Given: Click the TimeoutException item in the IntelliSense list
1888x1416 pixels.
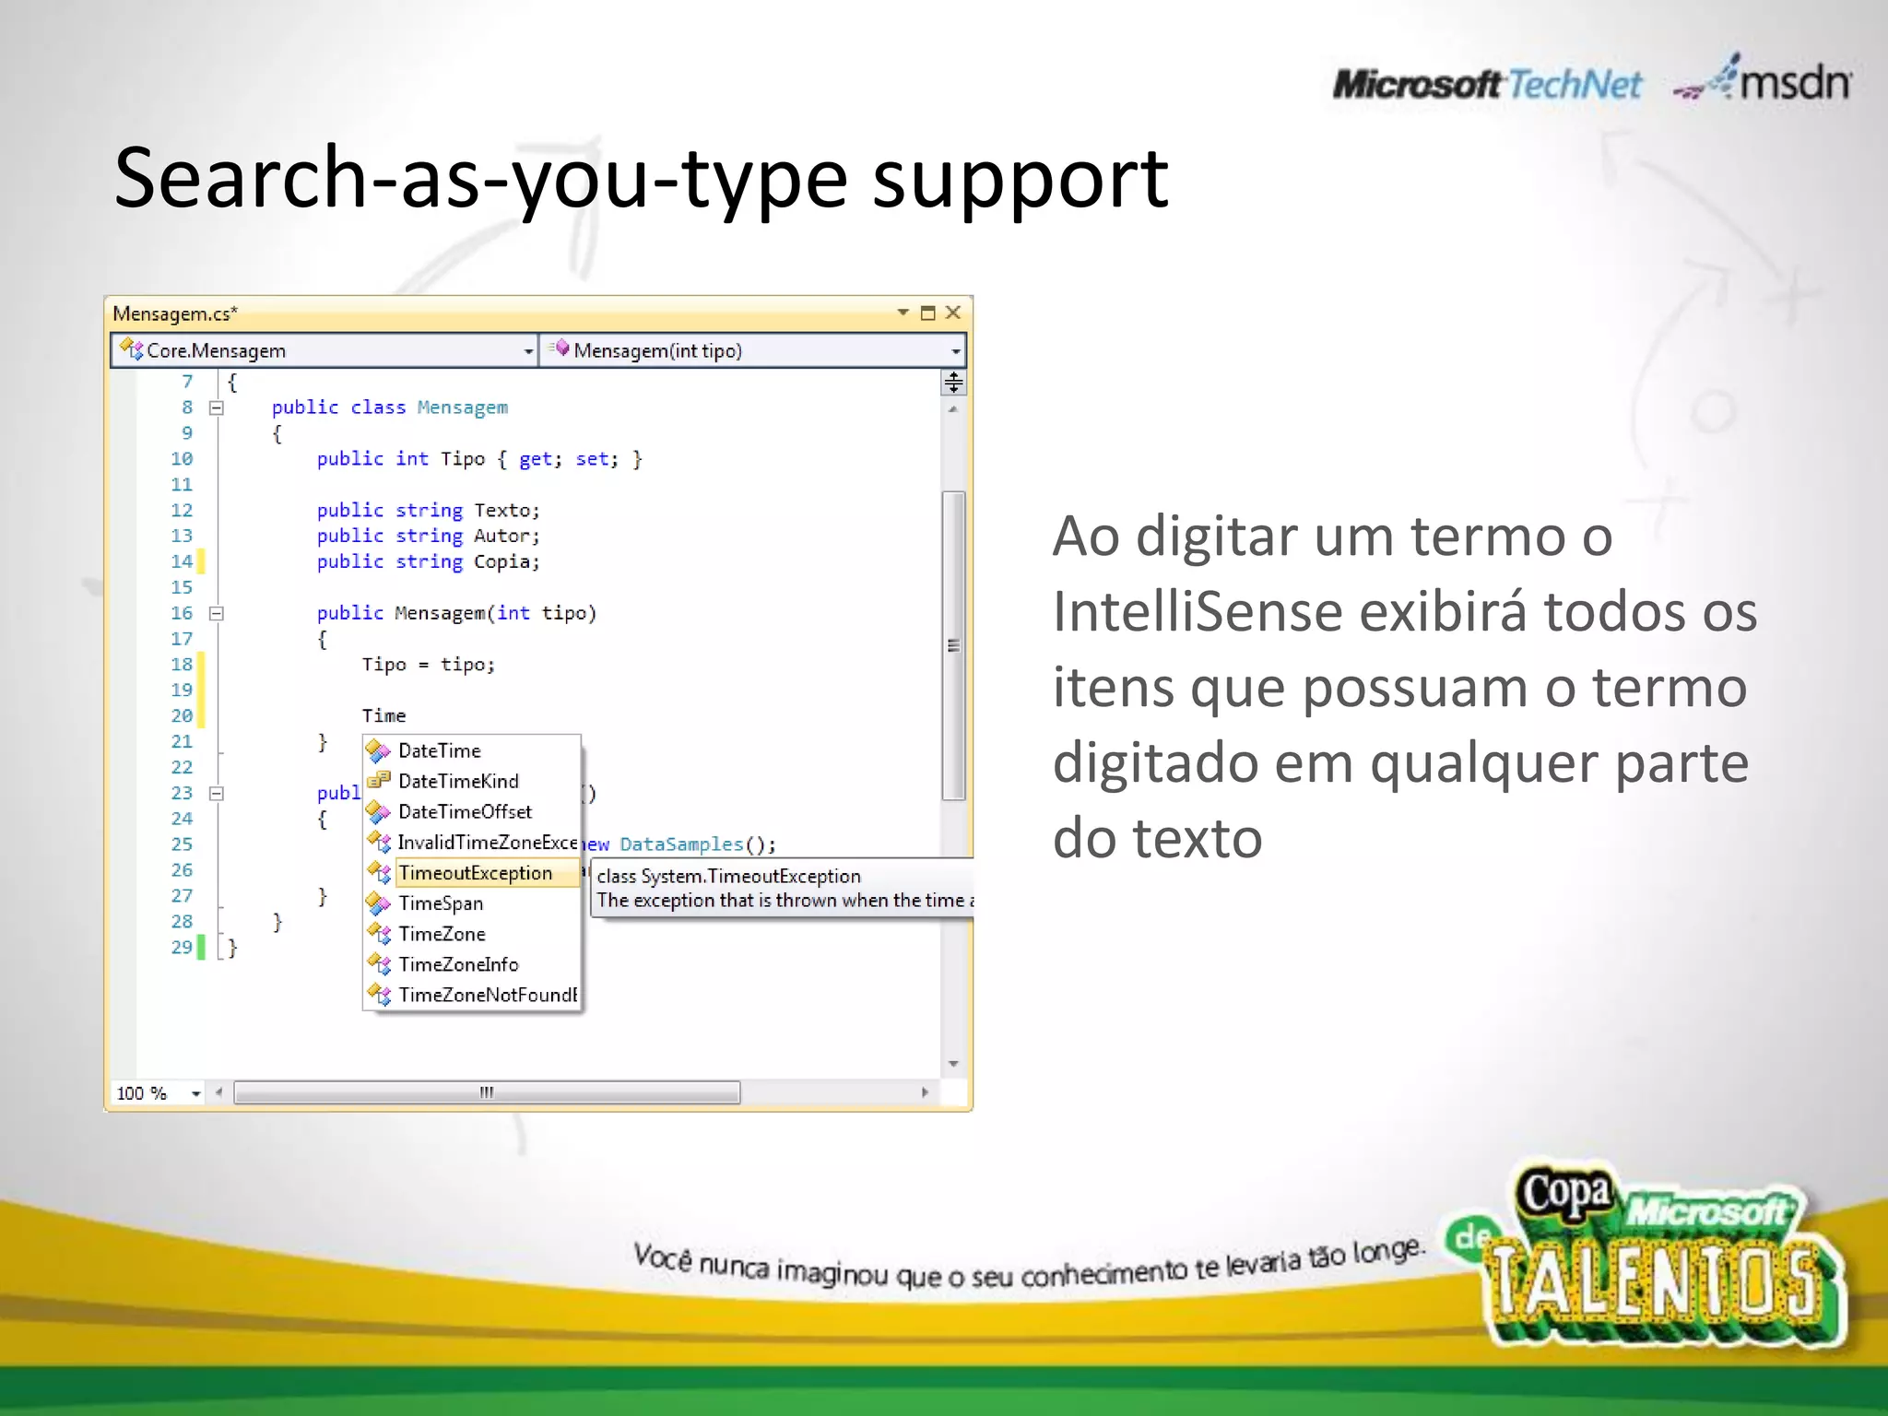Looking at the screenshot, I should (475, 873).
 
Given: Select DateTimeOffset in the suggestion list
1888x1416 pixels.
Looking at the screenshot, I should (465, 812).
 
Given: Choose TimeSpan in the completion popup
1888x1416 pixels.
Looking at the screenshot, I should (441, 903).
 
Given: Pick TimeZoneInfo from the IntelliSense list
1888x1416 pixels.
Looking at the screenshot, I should (458, 964).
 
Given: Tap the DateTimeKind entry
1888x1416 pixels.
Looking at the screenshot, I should (458, 782).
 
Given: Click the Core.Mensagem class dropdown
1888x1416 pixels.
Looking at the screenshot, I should (323, 351).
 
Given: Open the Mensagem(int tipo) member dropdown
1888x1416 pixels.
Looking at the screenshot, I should (751, 351).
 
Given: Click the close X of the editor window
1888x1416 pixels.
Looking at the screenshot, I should (953, 313).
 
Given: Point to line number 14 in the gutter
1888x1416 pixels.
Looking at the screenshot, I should (182, 561).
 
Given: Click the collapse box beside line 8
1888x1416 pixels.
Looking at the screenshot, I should (217, 407).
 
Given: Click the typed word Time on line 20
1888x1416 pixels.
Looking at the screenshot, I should (383, 715).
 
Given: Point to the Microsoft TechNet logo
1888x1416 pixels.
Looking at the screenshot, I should (1486, 85).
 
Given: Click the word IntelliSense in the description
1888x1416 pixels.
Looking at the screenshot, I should (1196, 611).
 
